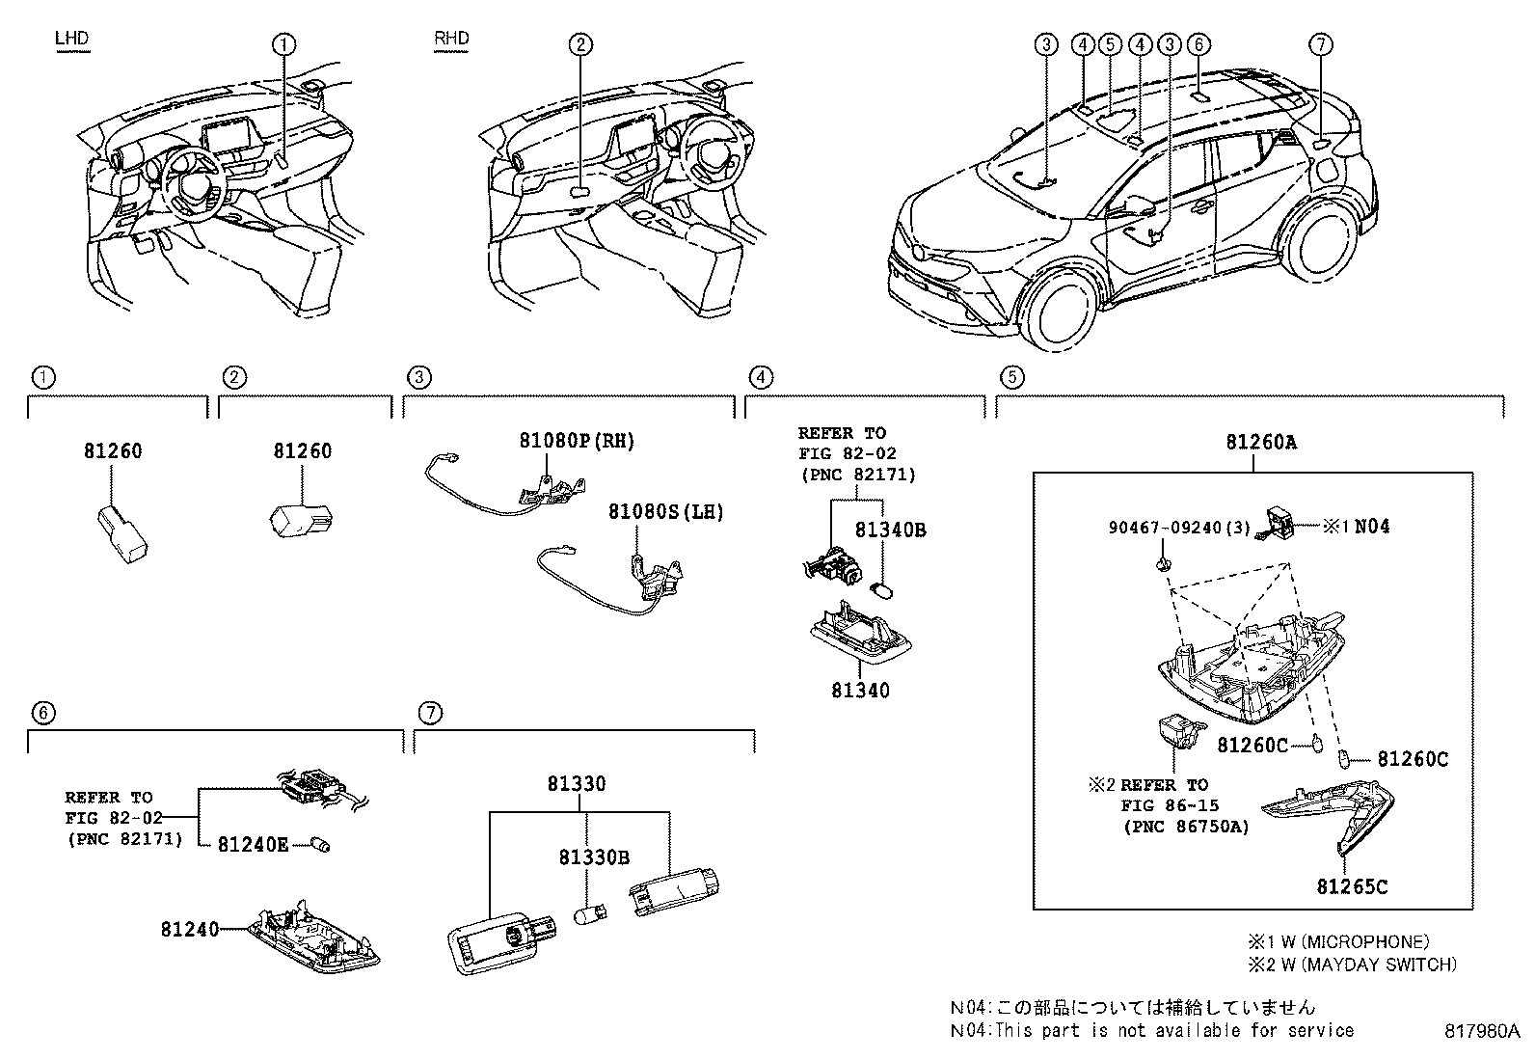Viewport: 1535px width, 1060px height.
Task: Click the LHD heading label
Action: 71,38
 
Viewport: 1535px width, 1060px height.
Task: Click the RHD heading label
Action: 451,38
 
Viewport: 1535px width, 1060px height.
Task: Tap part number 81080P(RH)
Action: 577,441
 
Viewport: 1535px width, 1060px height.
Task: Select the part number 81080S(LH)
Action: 665,511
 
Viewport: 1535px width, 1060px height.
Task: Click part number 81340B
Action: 890,530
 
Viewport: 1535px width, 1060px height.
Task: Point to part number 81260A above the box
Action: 1261,443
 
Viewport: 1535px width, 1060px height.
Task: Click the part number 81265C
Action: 1352,886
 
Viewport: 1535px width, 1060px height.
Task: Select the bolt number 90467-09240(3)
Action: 1167,528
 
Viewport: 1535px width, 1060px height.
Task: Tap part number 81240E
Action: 253,844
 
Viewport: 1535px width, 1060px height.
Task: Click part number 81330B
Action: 595,857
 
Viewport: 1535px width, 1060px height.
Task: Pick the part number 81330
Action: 577,784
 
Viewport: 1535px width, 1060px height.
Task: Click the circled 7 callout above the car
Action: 1321,43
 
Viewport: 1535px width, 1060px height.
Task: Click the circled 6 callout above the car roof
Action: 1198,43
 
